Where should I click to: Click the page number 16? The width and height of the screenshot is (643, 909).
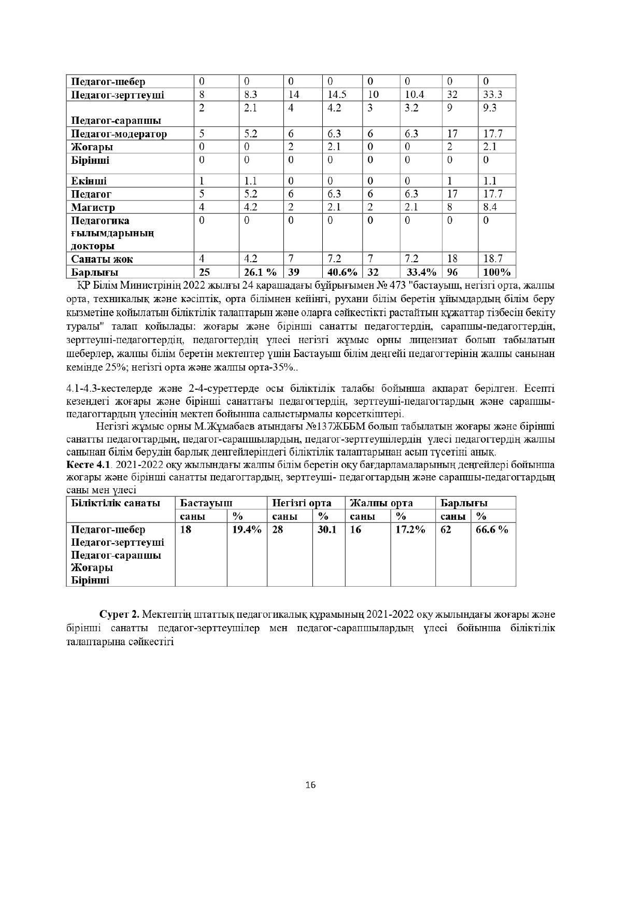(x=310, y=785)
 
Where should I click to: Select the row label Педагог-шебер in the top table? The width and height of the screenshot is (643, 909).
(x=108, y=82)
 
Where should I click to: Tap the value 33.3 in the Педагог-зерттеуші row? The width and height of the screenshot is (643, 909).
(x=492, y=95)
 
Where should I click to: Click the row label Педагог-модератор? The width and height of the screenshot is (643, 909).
(x=119, y=134)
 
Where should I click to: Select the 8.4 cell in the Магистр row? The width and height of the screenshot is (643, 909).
(x=490, y=207)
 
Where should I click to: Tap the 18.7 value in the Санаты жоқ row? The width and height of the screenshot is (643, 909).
(x=492, y=259)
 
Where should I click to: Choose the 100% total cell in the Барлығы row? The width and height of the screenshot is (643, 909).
(x=496, y=272)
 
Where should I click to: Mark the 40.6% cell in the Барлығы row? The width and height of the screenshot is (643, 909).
(x=342, y=272)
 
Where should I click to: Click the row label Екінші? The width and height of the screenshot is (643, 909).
(x=89, y=181)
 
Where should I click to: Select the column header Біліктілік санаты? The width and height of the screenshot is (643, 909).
(x=116, y=503)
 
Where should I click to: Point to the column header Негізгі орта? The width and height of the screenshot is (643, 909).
(x=302, y=503)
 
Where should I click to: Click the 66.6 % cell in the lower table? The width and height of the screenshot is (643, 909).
(x=492, y=530)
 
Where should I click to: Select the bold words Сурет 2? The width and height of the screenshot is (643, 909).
(x=119, y=615)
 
